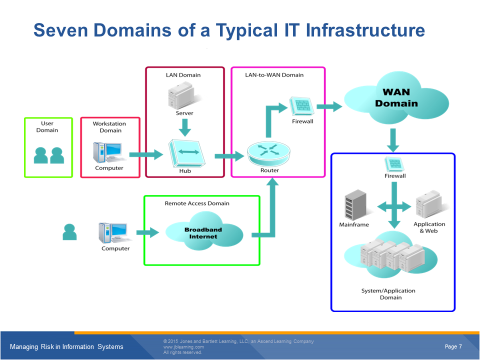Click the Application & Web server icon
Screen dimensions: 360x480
click(x=427, y=207)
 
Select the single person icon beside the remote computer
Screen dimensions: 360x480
click(x=69, y=233)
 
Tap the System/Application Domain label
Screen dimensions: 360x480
click(x=389, y=296)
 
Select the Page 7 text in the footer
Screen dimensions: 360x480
click(x=452, y=345)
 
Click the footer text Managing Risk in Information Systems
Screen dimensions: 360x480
click(x=66, y=346)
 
